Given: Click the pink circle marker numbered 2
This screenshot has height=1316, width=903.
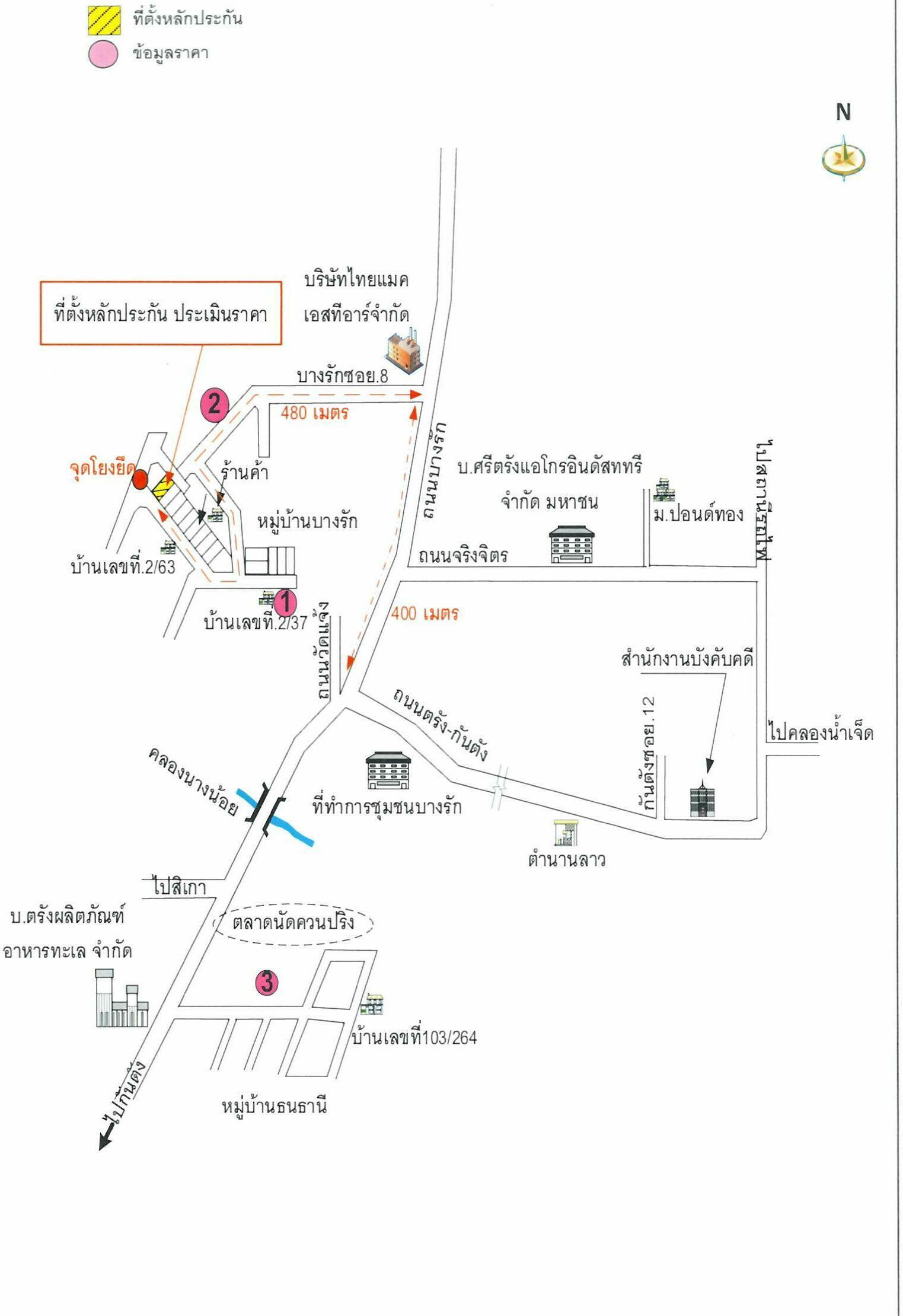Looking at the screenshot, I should (214, 405).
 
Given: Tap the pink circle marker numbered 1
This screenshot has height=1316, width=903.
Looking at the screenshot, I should (285, 603).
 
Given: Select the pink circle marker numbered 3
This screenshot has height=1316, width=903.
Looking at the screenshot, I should (267, 982).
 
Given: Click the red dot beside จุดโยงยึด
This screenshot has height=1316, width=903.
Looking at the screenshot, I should (139, 479).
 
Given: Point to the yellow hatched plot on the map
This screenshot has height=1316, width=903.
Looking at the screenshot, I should (163, 487).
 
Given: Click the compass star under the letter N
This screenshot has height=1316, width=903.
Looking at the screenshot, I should (843, 158).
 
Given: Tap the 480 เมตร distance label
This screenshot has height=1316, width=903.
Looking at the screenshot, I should (314, 413).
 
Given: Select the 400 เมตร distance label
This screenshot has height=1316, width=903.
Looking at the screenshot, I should (425, 613).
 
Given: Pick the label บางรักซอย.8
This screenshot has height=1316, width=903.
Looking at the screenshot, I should (342, 376).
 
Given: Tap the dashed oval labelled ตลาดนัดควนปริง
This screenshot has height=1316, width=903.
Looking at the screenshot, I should (293, 923).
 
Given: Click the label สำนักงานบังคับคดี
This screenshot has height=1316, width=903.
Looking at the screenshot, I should (687, 659).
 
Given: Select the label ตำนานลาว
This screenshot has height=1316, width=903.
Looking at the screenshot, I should (567, 859).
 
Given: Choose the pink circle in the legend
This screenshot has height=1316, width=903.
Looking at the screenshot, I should (103, 54).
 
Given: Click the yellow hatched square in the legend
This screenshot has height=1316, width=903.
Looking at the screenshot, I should (104, 20).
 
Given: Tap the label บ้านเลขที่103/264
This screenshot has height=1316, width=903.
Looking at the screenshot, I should (414, 1037).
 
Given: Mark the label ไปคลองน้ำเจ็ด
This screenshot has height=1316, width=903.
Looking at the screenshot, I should (821, 733).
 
